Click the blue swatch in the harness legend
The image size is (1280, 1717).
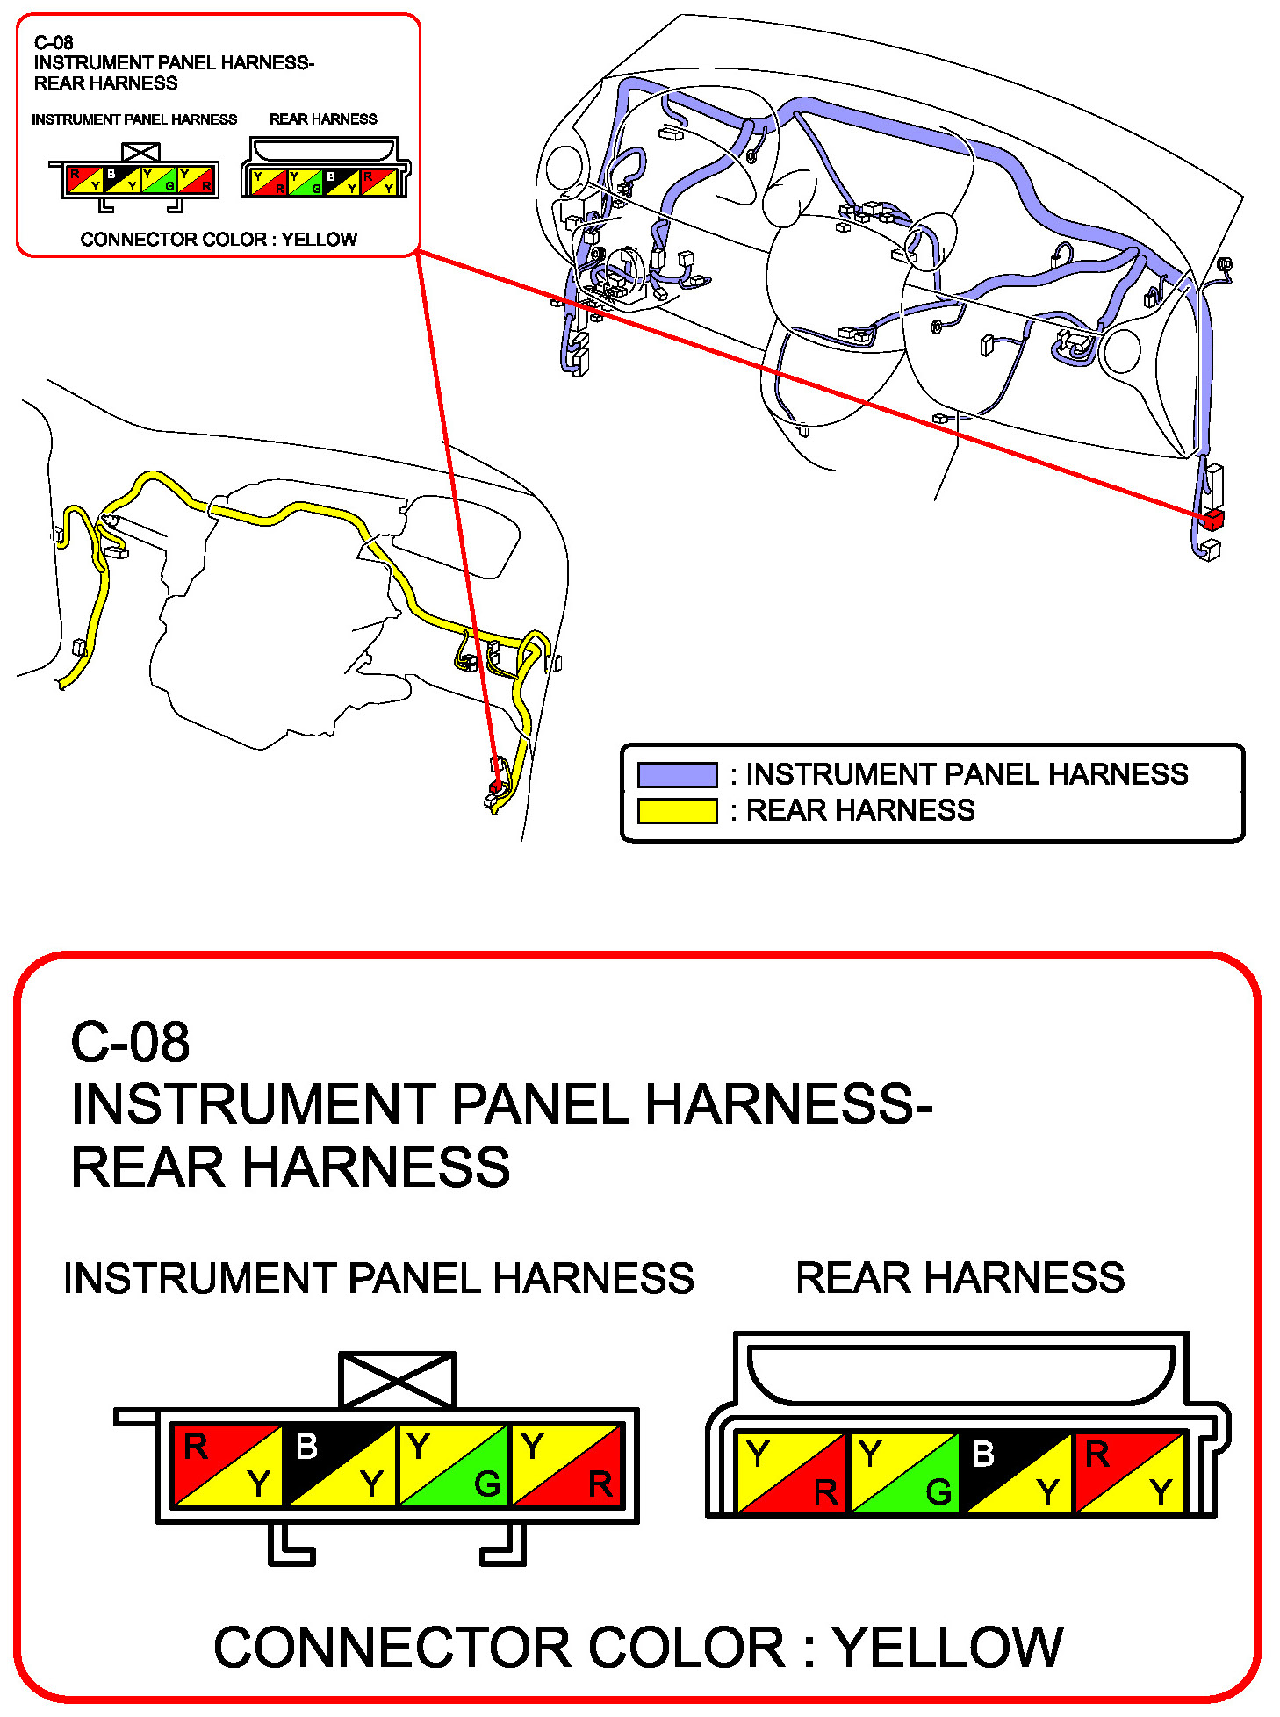[677, 775]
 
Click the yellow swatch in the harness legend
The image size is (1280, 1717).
[677, 810]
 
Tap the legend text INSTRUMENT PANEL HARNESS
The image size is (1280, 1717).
[967, 774]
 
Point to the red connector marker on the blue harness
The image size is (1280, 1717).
[1213, 519]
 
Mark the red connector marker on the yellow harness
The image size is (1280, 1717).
[496, 786]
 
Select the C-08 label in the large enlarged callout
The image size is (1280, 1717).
[130, 1042]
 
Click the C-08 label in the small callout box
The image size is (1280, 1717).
[54, 42]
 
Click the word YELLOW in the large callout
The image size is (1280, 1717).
[948, 1647]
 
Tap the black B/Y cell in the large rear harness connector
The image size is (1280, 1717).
[1017, 1472]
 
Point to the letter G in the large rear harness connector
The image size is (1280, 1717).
[938, 1491]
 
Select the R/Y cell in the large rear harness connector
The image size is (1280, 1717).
[1130, 1472]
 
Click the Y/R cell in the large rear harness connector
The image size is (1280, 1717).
[792, 1472]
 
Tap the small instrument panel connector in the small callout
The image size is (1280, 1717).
[140, 179]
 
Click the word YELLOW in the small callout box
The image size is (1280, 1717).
[319, 240]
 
